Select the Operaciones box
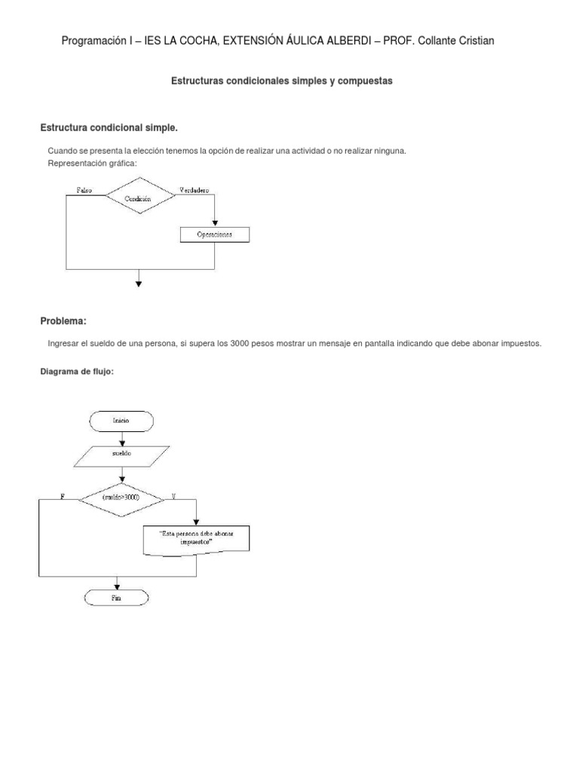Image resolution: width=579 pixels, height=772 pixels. pos(215,234)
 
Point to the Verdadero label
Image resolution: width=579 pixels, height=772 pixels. pos(195,190)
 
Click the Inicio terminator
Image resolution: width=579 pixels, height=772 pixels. pos(121,421)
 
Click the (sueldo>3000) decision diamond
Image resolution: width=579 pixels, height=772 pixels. pos(121,497)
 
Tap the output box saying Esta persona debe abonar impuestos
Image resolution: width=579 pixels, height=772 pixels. pos(196,538)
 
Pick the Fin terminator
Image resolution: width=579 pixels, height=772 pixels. pos(116,597)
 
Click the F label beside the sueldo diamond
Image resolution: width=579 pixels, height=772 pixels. pos(61,496)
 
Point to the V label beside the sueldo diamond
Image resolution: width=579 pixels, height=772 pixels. pos(174,496)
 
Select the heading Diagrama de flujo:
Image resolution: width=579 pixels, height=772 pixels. pos(76,371)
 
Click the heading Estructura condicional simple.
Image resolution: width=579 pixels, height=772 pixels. pos(109,127)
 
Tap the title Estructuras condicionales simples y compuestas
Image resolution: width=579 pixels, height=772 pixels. pos(283,81)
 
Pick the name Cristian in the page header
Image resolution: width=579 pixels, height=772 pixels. pos(474,41)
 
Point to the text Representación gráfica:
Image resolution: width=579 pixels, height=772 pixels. pos(93,164)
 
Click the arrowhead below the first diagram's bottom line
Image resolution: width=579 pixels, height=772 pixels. pos(139,283)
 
